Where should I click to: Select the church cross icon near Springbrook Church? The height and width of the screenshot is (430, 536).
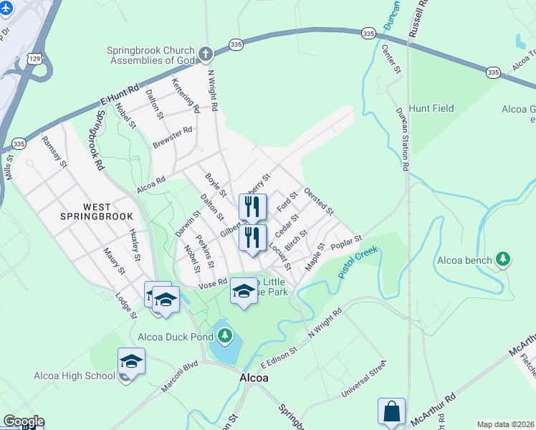[x=206, y=54]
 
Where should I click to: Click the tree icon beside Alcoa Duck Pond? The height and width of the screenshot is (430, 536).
[x=226, y=335]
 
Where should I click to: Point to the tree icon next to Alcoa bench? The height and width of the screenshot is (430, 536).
[x=504, y=259]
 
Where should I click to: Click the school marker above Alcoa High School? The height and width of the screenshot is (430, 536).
[x=131, y=360]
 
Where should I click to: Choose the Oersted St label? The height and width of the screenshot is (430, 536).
[x=319, y=201]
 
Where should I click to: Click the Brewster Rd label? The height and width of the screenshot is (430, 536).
[x=173, y=137]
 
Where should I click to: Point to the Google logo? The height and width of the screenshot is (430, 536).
[x=23, y=421]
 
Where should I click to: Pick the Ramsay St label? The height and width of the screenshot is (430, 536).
[x=54, y=152]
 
